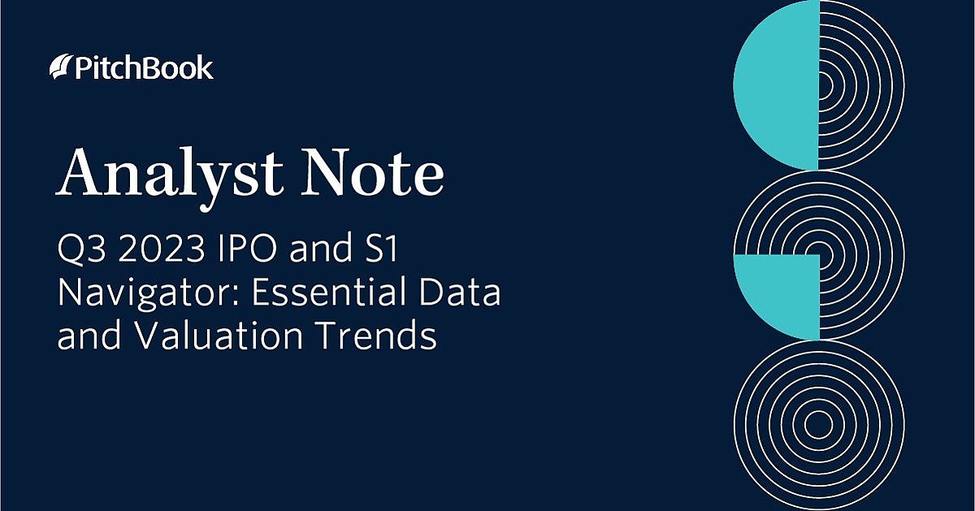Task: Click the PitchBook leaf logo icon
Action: [x=59, y=67]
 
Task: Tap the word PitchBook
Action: [x=142, y=67]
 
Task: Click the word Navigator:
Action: [x=148, y=292]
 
